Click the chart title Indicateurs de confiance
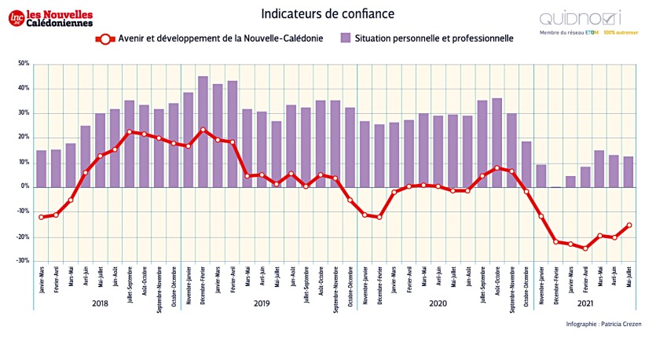pos(328,14)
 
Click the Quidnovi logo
pos(580,18)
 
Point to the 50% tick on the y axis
pos(23,64)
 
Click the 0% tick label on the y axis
pos(24,187)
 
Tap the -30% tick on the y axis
pos(23,261)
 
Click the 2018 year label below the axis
pos(100,302)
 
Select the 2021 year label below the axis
pos(585,302)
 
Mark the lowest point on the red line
pos(585,248)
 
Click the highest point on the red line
pos(203,130)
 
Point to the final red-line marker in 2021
pos(629,226)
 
